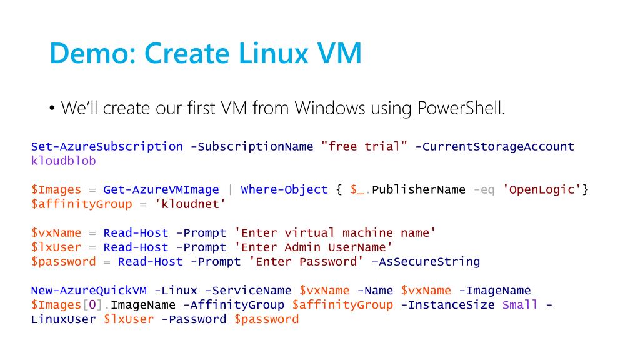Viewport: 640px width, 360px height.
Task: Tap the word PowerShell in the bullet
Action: click(x=459, y=108)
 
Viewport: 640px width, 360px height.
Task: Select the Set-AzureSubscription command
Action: click(x=107, y=146)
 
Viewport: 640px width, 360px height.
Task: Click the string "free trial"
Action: click(x=364, y=146)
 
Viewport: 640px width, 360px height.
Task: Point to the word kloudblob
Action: click(x=63, y=161)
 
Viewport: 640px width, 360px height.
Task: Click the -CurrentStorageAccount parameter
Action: click(x=494, y=146)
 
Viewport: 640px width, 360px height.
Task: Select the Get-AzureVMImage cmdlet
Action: click(x=161, y=189)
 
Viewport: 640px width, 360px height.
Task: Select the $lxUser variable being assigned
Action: click(x=56, y=247)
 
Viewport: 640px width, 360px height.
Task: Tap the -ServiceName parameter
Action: click(x=248, y=291)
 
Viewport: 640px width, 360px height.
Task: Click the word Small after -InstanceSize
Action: click(x=520, y=305)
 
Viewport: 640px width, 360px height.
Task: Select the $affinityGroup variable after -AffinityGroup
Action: click(x=342, y=305)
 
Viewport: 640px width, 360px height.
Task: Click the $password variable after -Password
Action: click(x=266, y=319)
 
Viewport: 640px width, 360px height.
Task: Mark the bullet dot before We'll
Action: click(x=52, y=109)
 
